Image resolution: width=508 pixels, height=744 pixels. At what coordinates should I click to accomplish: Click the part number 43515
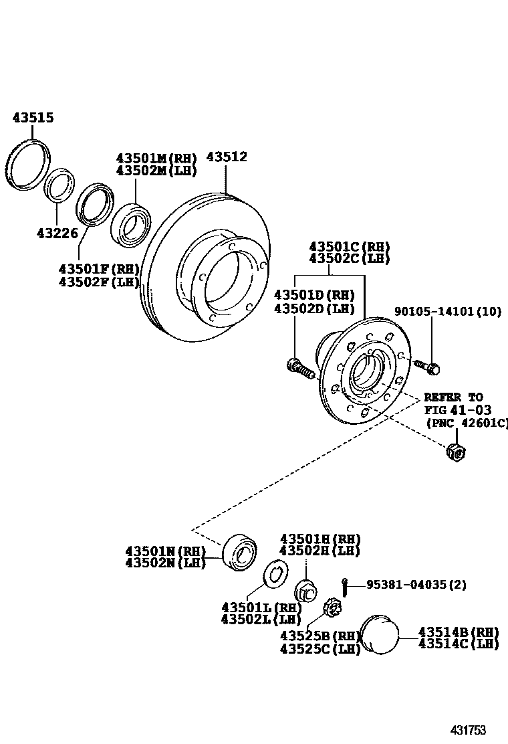[x=33, y=118]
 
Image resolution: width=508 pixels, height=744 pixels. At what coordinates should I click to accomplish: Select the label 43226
[x=57, y=234]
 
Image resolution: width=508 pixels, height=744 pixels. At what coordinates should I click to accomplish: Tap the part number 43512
[x=226, y=157]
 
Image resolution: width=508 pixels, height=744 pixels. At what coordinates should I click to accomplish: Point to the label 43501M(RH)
[x=156, y=159]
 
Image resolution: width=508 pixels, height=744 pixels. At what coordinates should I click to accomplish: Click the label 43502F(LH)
[x=98, y=282]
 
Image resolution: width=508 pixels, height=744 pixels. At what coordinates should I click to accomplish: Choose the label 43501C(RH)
[x=349, y=246]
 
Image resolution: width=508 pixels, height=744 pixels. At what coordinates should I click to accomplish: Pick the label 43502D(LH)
[x=314, y=308]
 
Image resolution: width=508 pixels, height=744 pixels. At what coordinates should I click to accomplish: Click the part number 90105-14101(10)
[x=447, y=311]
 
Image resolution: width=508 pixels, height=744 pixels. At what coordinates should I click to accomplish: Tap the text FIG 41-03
[x=453, y=410]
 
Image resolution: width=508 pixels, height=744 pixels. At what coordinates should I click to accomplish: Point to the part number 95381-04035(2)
[x=416, y=584]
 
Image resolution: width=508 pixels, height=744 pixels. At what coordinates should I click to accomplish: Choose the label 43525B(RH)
[x=320, y=635]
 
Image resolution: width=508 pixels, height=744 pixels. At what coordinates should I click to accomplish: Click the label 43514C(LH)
[x=459, y=644]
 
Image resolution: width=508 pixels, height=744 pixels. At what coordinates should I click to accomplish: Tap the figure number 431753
[x=467, y=730]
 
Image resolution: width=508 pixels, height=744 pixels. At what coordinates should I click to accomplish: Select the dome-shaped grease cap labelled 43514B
[x=379, y=634]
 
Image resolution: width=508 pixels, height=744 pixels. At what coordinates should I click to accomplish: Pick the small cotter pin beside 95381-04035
[x=344, y=585]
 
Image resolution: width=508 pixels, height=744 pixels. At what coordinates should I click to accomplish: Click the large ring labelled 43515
[x=29, y=164]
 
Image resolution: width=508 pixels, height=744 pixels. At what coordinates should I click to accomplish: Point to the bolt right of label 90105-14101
[x=425, y=366]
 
